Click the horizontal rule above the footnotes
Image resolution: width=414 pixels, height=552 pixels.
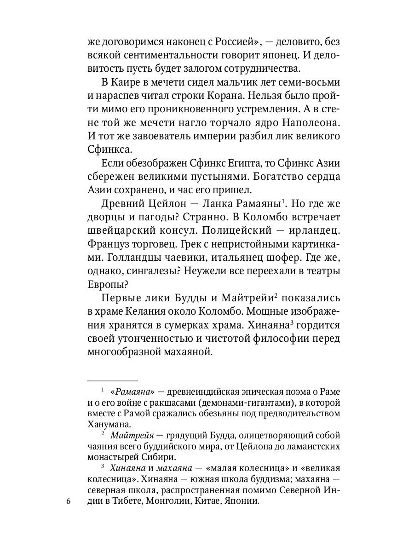[x=112, y=381]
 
